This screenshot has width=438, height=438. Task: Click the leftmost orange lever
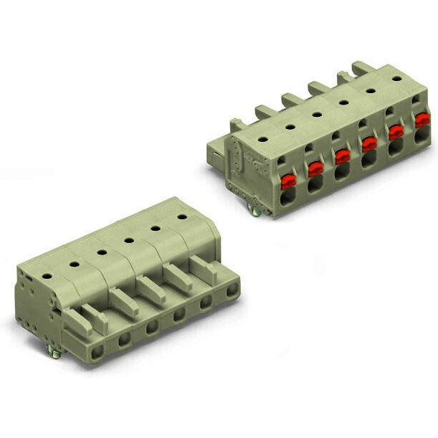(288, 181)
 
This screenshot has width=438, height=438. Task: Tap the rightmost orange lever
(422, 120)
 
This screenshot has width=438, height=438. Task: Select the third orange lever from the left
(342, 156)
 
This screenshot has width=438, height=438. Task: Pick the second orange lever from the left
(315, 168)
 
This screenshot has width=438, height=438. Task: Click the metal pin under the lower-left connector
(52, 351)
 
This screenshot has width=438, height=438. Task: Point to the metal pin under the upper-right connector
(254, 209)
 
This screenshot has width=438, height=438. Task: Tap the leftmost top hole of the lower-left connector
(47, 275)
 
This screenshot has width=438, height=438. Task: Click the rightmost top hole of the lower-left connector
(182, 216)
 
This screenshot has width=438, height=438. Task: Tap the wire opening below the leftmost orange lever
(288, 199)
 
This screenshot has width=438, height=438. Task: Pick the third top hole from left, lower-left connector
(102, 252)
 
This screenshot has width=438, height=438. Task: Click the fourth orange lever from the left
(369, 144)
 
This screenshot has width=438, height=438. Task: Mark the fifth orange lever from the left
(396, 132)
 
